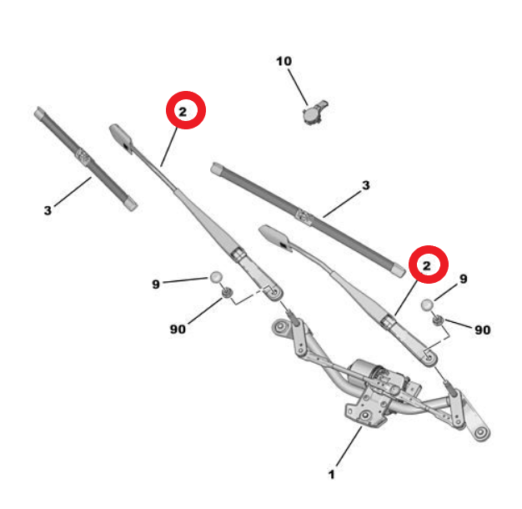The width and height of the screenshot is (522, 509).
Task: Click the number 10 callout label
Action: coord(284,61)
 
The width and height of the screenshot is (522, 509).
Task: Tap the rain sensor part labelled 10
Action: coord(314,113)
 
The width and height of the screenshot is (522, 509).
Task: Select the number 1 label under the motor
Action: coord(331,474)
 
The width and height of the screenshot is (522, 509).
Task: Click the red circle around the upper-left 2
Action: coord(186,110)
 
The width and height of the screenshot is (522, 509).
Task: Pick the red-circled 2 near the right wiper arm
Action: coord(429,265)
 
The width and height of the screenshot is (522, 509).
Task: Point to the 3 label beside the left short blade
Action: coord(48,210)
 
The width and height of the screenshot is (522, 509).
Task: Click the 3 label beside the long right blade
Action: coord(366,185)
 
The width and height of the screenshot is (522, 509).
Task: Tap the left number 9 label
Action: coord(156,285)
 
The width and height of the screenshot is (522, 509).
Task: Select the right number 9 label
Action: coord(464,279)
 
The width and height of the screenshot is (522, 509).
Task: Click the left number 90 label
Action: coord(178,329)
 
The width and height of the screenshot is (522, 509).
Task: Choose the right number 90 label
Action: coord(483,330)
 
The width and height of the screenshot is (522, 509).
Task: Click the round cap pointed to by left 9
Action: coord(216,277)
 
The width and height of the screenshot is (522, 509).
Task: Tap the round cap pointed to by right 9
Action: coord(428,305)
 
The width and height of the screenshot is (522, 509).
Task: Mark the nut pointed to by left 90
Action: coord(228,293)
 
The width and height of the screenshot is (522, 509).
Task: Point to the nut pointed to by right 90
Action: coord(438,320)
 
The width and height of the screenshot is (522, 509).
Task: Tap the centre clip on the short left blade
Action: coord(83,157)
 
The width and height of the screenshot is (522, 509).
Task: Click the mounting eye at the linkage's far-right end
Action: coord(479,433)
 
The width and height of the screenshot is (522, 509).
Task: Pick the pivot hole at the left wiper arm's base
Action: coord(274,292)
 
